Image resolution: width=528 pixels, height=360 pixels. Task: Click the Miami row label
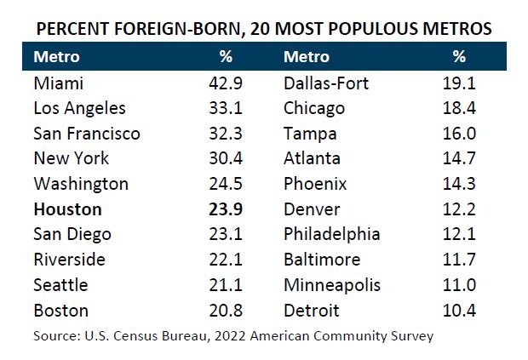point(57,83)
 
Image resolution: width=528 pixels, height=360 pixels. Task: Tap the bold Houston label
point(67,209)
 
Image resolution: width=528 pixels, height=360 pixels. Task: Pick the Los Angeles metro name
point(79,108)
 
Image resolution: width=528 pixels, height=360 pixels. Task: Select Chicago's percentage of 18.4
point(459,108)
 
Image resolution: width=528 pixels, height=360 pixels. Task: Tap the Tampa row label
point(309,134)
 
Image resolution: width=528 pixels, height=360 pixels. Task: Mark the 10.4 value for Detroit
point(459,310)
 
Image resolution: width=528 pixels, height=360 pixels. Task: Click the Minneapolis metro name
point(333,284)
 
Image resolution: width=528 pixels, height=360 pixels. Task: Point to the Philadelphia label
point(332,234)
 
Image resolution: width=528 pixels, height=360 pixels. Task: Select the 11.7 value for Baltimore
point(459,259)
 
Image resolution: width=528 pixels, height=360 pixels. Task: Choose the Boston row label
point(60,310)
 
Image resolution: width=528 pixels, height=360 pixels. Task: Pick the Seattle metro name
point(60,284)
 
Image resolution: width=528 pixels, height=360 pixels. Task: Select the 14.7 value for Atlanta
point(459,158)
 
